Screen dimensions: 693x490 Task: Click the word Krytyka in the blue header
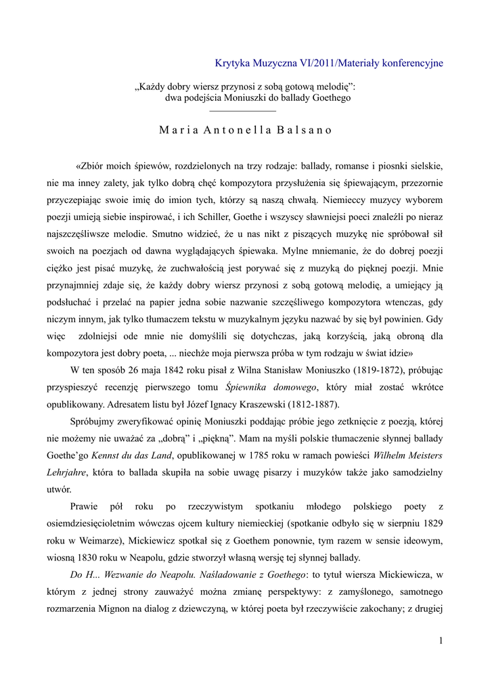pos(229,63)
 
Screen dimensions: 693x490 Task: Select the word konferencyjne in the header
pos(412,63)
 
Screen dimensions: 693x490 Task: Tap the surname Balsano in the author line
pos(305,131)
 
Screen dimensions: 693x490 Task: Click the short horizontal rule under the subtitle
pos(243,110)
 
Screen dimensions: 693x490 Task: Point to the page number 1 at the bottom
pos(440,641)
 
